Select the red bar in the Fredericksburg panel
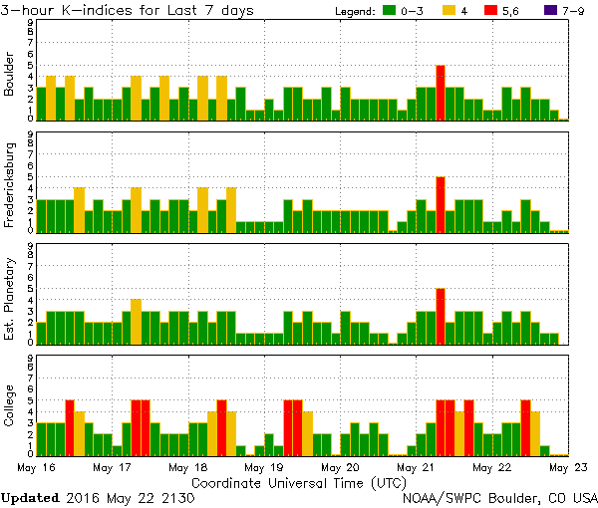pyautogui.click(x=441, y=204)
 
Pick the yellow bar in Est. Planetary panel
pyautogui.click(x=136, y=321)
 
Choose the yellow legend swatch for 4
pyautogui.click(x=449, y=11)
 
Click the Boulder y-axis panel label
pyautogui.click(x=10, y=76)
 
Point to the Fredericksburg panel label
pyautogui.click(x=10, y=187)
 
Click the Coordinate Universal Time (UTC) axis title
pyautogui.click(x=299, y=482)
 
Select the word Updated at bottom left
pyautogui.click(x=30, y=497)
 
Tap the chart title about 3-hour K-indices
pyautogui.click(x=130, y=10)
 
